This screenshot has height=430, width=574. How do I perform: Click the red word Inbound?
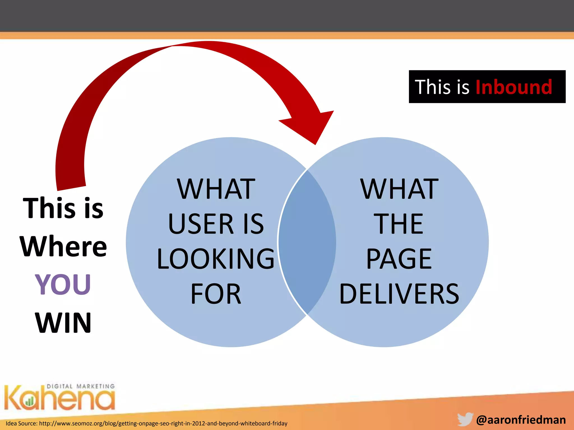click(513, 87)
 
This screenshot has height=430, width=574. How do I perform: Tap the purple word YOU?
click(63, 284)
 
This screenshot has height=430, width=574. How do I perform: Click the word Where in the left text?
click(63, 246)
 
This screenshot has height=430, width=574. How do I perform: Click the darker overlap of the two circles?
click(307, 242)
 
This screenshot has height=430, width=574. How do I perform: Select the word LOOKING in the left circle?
click(216, 259)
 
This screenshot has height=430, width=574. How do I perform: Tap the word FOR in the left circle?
click(216, 294)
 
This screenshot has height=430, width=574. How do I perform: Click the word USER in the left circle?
click(201, 224)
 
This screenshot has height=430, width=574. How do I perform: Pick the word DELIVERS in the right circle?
click(399, 294)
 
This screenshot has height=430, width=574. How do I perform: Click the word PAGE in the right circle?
click(399, 259)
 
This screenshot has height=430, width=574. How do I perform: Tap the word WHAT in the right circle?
click(399, 189)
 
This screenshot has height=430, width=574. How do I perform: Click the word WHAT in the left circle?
click(216, 189)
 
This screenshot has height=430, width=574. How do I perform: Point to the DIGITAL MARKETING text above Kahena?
click(81, 386)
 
